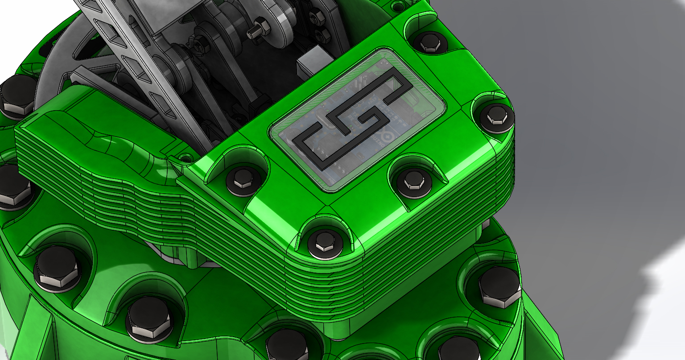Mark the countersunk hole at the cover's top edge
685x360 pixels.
point(396,6)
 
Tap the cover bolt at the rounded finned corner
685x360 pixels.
point(325,244)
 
